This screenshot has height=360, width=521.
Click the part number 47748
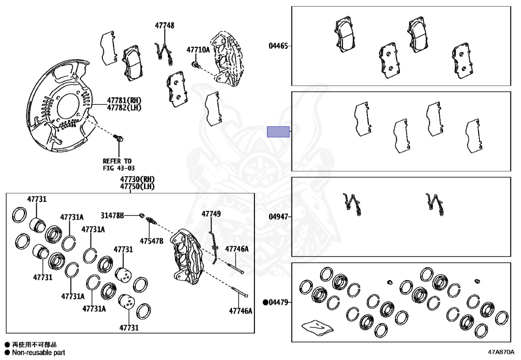[165, 25]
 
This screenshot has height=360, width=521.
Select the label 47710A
[197, 50]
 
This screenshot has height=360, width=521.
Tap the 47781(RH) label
[124, 100]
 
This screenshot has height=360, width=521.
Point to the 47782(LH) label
[124, 107]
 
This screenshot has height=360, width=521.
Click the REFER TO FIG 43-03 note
[117, 164]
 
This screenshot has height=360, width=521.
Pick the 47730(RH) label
[137, 179]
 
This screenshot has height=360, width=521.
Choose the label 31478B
[112, 215]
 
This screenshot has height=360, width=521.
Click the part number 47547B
[152, 240]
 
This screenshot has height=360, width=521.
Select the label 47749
[211, 214]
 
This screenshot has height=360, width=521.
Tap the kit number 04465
[278, 46]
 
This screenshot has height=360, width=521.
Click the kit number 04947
[278, 217]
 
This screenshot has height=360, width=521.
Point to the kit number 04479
[278, 302]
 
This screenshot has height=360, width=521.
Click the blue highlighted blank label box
[278, 131]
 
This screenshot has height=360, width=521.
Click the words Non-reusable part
[38, 352]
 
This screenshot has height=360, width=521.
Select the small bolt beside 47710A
[195, 64]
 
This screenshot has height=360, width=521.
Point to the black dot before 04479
[265, 302]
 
